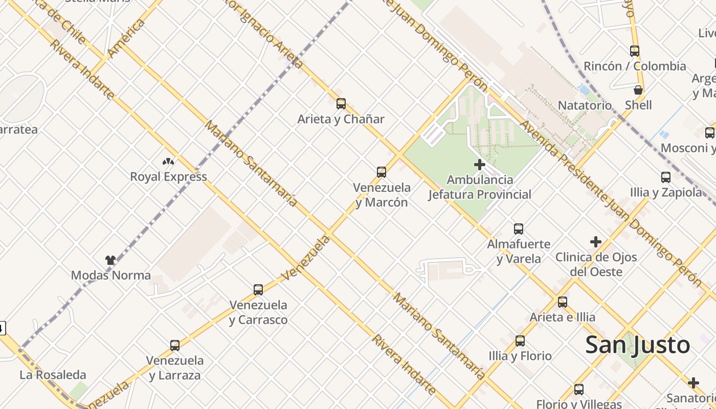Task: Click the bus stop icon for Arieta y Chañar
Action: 341,104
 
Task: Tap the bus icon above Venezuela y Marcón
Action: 382,172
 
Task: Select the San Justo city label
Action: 637,345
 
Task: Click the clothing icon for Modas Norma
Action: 110,260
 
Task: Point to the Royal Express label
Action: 168,177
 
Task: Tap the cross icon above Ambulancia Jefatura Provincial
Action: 480,165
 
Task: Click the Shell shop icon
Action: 638,90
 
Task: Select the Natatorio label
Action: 585,105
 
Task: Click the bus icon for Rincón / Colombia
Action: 635,51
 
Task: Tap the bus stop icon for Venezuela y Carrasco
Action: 258,290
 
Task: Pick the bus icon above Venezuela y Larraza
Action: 175,346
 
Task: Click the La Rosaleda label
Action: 53,375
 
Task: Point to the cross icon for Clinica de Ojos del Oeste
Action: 596,242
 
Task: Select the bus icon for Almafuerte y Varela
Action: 519,229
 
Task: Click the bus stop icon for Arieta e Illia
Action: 563,302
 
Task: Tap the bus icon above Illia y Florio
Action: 520,341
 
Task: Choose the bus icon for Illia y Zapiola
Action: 666,177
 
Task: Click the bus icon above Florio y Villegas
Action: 579,390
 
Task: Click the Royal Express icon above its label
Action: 168,162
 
